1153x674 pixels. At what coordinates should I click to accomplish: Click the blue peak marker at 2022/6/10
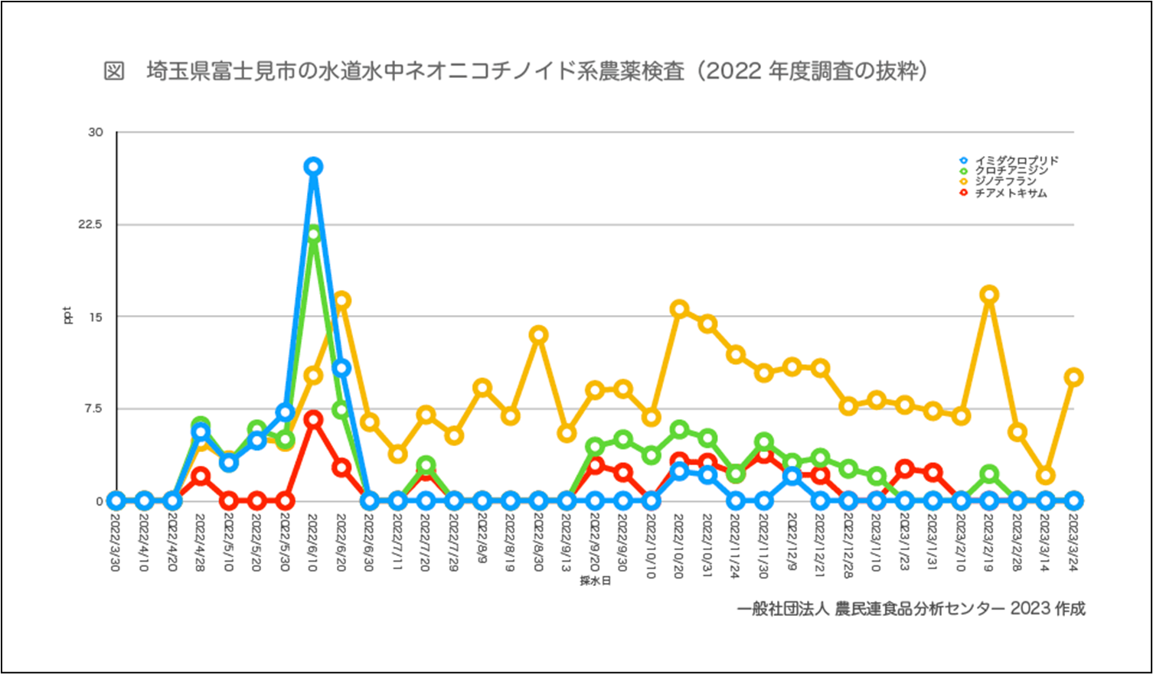coord(312,167)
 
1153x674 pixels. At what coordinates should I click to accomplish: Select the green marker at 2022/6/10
coord(312,234)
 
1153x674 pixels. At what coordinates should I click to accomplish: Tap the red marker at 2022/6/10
coord(312,418)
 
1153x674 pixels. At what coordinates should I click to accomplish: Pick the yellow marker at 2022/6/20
coord(341,301)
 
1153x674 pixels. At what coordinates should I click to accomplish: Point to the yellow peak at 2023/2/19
coord(989,295)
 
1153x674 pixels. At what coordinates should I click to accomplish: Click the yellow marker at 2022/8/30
coord(538,334)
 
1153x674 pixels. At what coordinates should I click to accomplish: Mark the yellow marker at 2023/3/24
coord(1073,376)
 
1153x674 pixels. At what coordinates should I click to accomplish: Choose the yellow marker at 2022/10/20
coord(679,309)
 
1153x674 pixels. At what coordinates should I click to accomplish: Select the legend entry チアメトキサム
coord(1011,193)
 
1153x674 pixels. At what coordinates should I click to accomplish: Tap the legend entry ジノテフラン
coord(1005,182)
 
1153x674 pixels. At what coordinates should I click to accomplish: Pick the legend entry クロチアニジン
coord(1011,171)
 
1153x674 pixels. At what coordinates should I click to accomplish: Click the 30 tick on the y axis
coord(96,132)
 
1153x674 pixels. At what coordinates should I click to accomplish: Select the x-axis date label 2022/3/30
coord(116,543)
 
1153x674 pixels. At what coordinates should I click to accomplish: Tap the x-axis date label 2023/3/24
coord(1073,543)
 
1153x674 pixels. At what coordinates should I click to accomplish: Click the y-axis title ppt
coord(67,315)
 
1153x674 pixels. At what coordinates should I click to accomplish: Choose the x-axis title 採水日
coord(595,581)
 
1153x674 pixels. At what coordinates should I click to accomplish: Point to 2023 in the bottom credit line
coord(1030,609)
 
